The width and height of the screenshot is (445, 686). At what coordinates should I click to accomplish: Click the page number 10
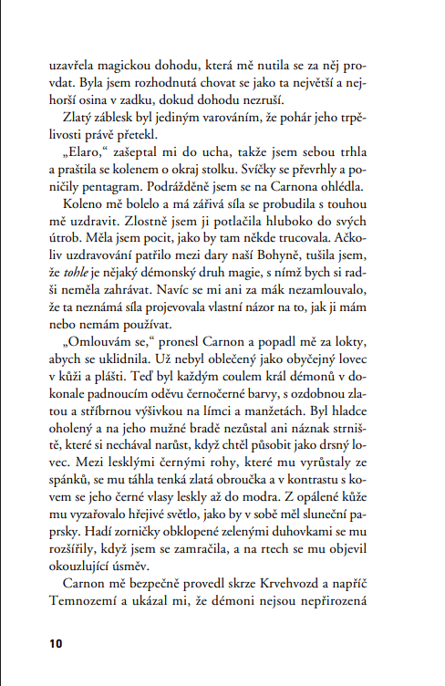(56, 643)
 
